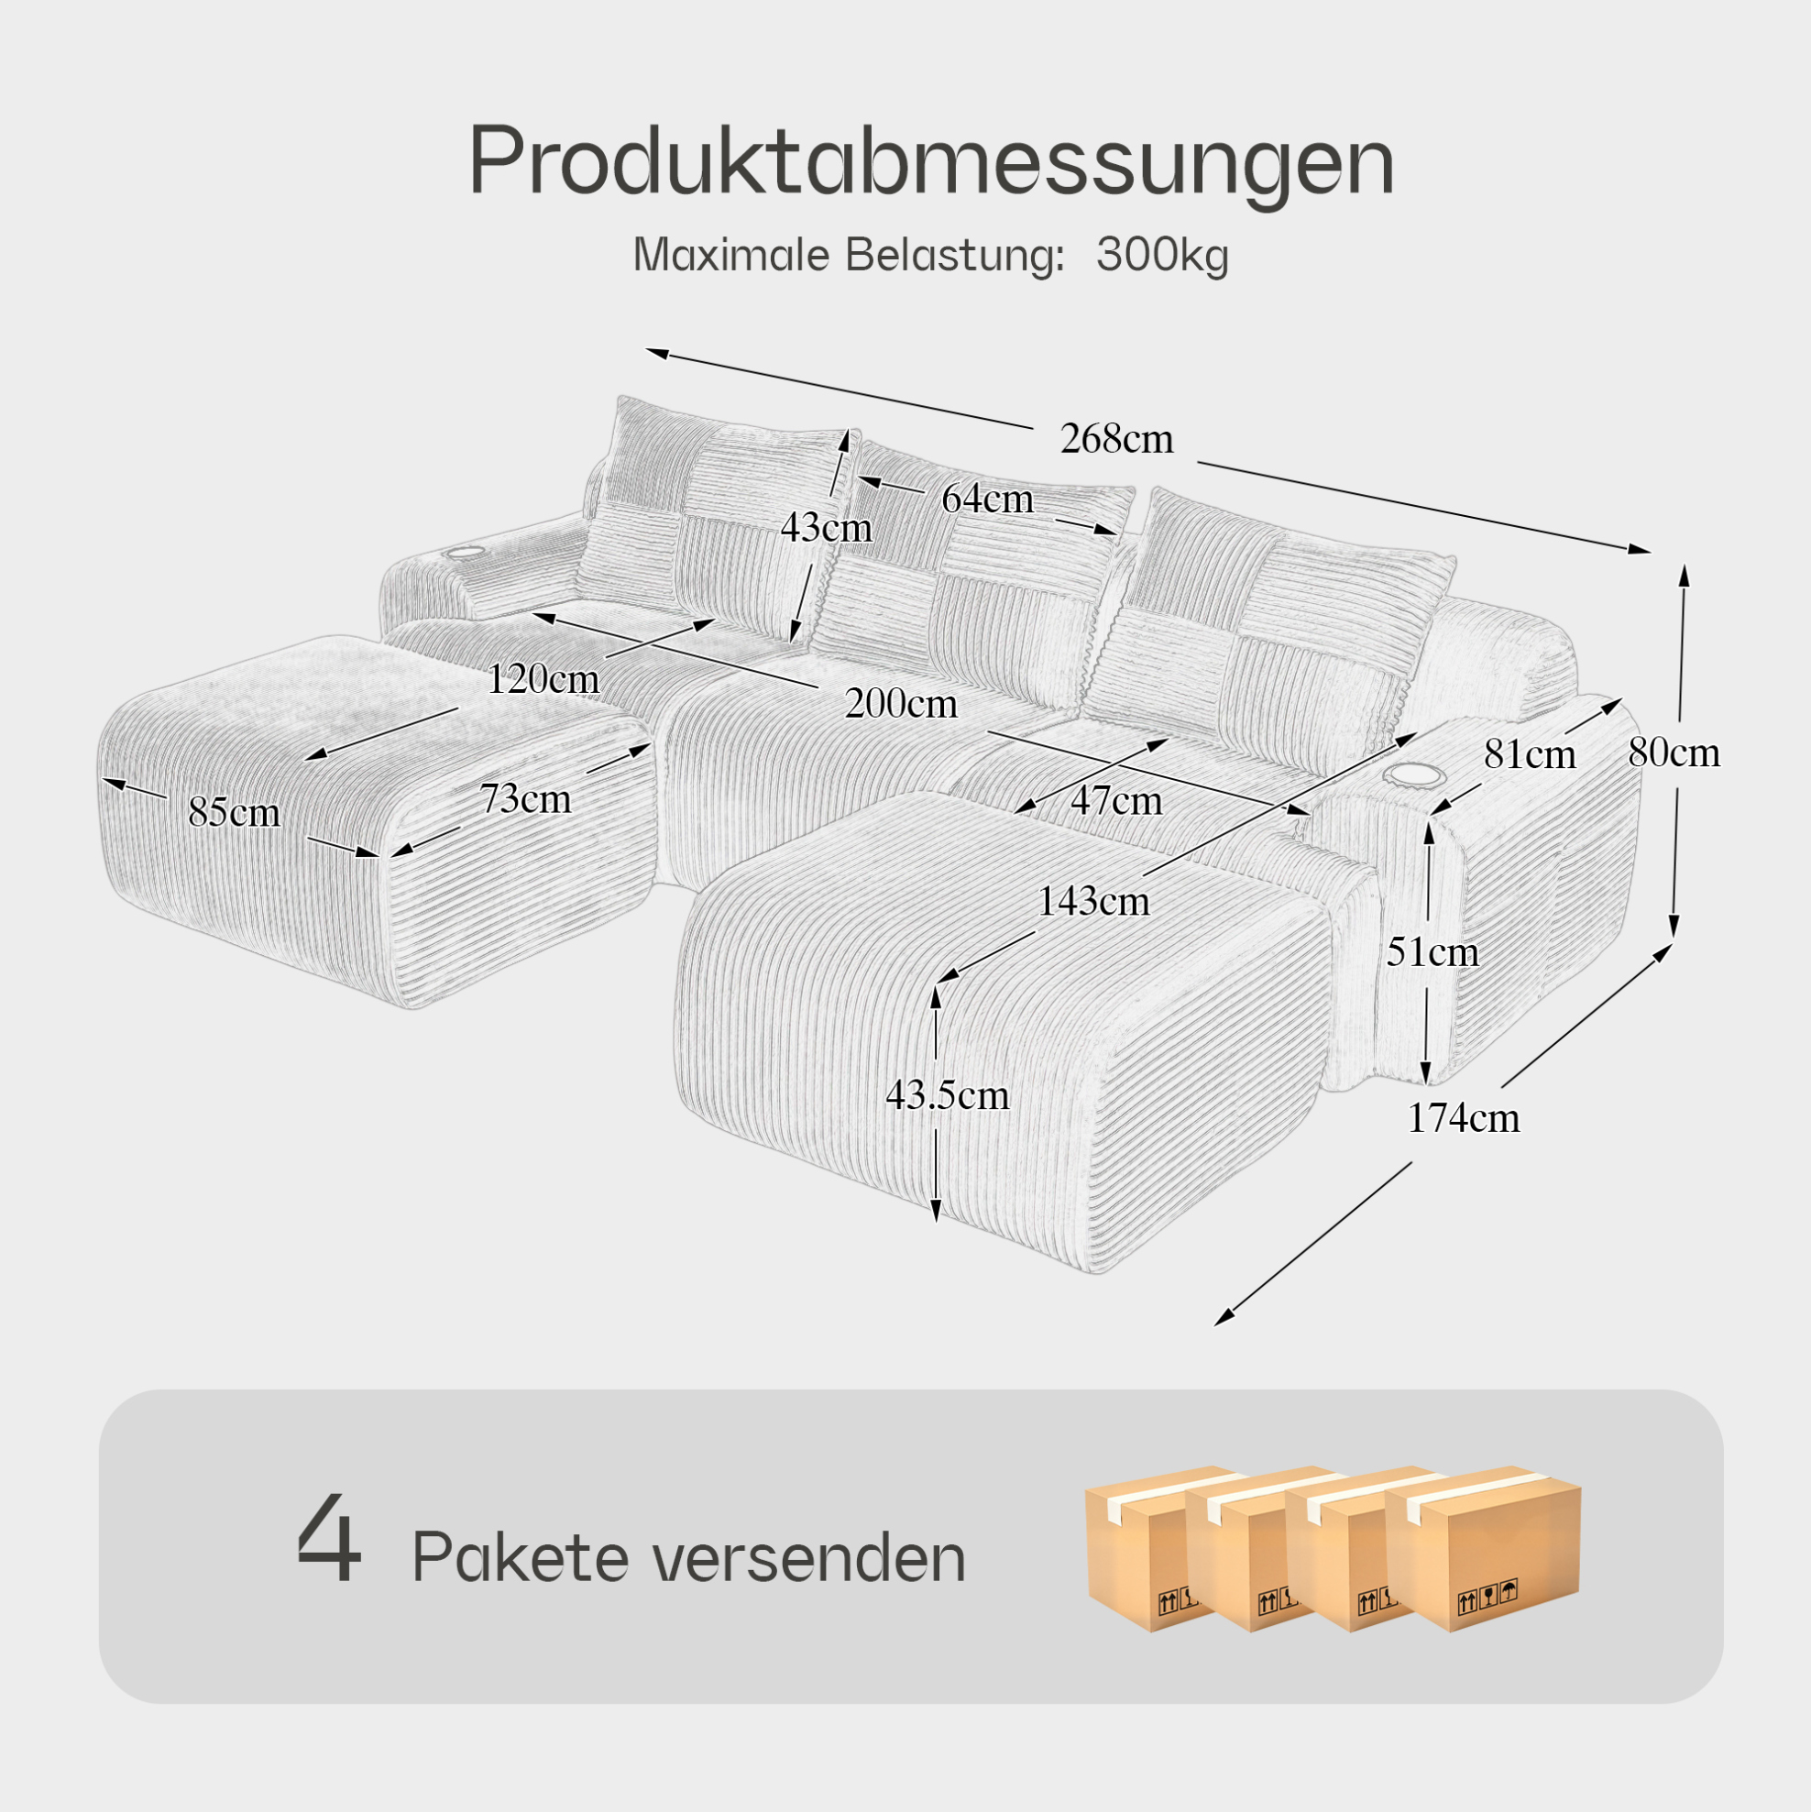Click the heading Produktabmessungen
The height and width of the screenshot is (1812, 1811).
click(x=931, y=161)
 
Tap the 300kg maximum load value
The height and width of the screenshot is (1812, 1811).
click(x=1162, y=255)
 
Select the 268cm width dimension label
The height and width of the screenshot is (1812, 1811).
click(x=1116, y=439)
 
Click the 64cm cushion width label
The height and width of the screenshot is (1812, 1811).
click(x=988, y=499)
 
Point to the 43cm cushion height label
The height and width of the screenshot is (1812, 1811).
click(x=827, y=528)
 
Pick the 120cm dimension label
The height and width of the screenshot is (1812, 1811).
click(x=543, y=679)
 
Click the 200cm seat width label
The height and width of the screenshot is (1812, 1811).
click(x=901, y=704)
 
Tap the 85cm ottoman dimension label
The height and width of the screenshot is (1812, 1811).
click(x=234, y=813)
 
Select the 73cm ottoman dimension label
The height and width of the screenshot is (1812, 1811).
click(x=525, y=799)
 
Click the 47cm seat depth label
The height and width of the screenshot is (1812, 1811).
click(x=1116, y=801)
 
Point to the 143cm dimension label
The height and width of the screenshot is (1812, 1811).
click(x=1093, y=902)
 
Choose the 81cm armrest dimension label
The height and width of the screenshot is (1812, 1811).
click(x=1530, y=755)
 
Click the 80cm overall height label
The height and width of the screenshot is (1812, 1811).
click(x=1674, y=753)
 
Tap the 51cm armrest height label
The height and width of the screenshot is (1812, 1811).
click(x=1433, y=953)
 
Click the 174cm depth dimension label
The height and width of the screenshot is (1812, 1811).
click(x=1463, y=1119)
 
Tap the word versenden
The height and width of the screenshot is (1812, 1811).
click(x=808, y=1560)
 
